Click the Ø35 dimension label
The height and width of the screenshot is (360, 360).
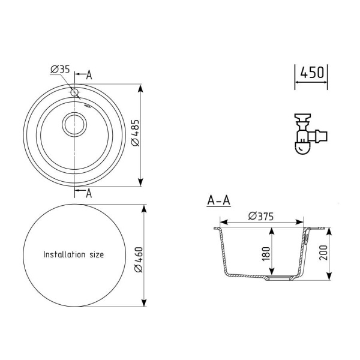61,70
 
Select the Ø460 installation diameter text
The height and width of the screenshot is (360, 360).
138,262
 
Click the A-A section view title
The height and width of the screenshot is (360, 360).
218,200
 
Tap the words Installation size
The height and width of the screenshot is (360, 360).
73,254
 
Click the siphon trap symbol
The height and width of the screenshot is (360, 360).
304,134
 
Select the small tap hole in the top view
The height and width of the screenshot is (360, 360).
74,93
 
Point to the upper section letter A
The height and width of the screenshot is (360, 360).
89,75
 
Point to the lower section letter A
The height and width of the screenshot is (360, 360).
89,193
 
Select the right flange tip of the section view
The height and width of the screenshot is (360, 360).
328,228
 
